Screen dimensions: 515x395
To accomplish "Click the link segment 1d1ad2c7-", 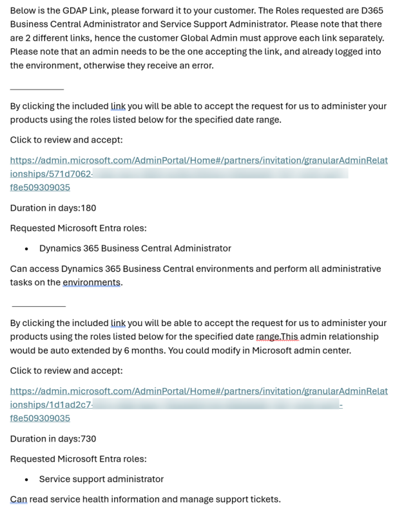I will tap(64, 405).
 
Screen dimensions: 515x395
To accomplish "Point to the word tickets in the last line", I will tap(264, 500).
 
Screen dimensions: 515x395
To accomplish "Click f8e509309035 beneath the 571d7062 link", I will tap(40, 188).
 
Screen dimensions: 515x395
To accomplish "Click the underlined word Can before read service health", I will tap(18, 500).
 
